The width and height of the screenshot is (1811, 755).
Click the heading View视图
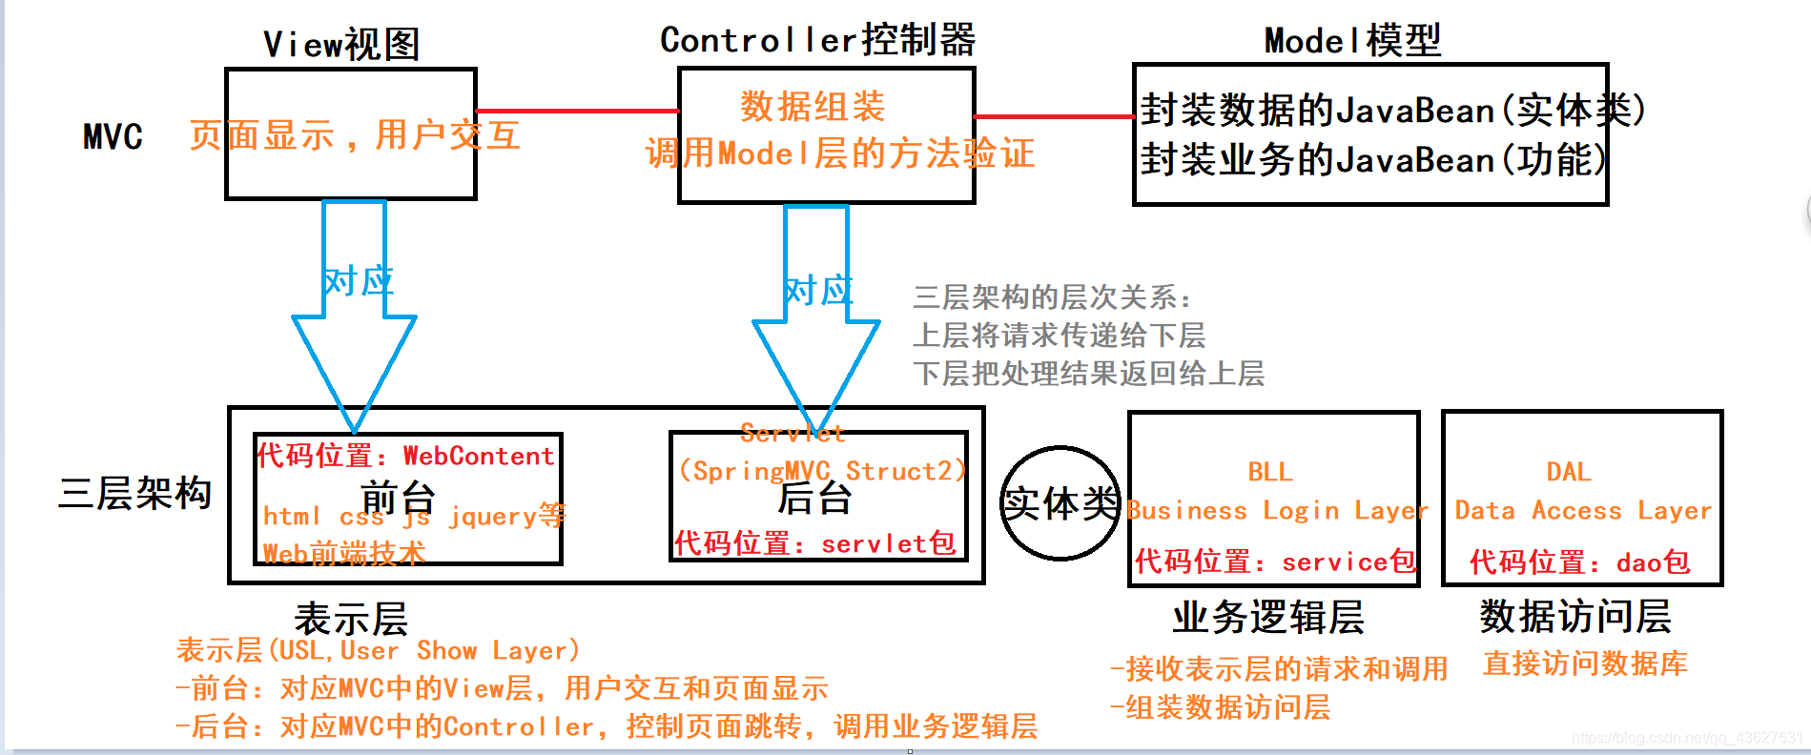click(341, 44)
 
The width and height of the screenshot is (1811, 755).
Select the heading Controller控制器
click(817, 40)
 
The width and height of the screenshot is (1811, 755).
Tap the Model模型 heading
click(1351, 41)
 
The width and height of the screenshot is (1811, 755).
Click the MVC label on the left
click(113, 137)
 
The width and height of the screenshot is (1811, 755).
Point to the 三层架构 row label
click(134, 493)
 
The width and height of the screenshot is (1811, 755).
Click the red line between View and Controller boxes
click(577, 111)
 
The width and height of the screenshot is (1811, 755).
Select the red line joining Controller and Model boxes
click(1054, 116)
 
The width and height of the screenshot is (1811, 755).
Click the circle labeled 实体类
click(1059, 502)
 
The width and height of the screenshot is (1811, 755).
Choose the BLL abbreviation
click(1270, 472)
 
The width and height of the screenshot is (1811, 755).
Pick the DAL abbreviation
click(1568, 472)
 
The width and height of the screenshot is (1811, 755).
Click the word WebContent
click(478, 456)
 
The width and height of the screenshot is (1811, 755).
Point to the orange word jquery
click(492, 516)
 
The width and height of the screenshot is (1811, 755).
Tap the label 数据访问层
click(1574, 617)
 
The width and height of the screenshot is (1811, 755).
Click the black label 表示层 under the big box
click(351, 620)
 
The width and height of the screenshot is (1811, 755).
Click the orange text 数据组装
click(813, 107)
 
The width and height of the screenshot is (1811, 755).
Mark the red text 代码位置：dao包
click(1579, 562)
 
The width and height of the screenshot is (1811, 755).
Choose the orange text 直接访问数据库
click(1585, 663)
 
